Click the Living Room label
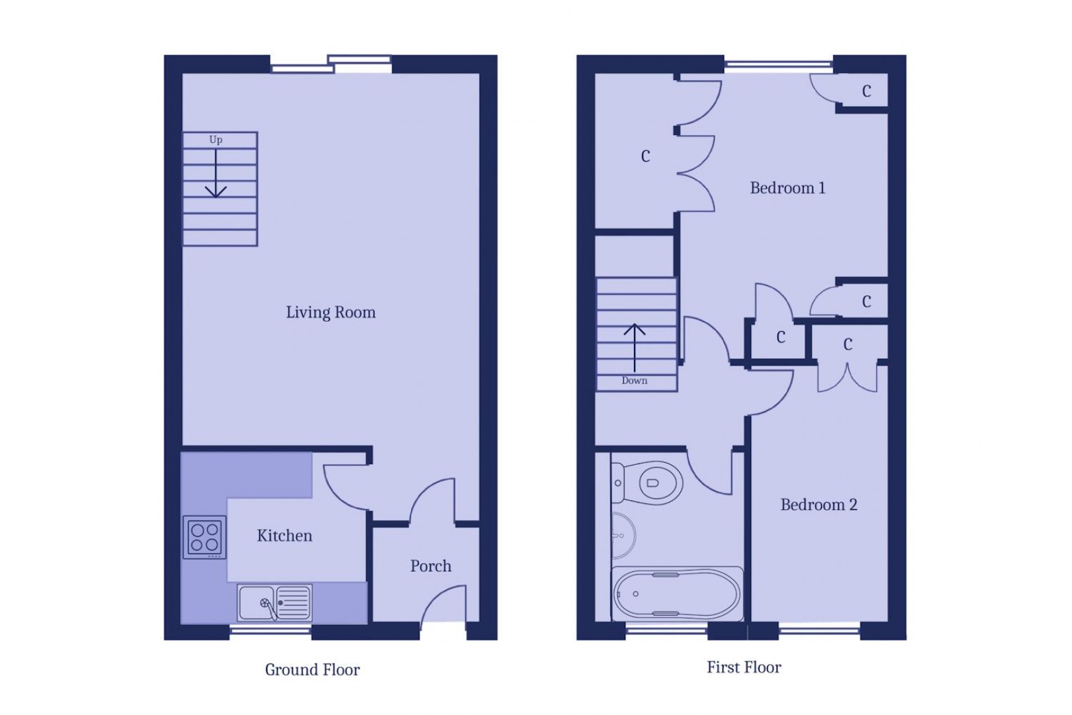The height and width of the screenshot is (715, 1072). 330,312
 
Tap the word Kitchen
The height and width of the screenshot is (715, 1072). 284,536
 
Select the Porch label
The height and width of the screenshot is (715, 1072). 430,566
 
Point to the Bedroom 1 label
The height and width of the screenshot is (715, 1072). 787,188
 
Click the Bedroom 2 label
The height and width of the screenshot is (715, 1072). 818,505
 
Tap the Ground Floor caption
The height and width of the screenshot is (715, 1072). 312,670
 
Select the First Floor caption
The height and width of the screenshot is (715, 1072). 743,667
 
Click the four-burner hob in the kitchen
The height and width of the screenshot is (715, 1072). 204,537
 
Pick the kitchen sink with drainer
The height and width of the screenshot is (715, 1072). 275,602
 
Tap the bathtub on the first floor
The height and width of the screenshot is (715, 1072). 676,594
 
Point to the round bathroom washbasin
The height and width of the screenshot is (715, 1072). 622,535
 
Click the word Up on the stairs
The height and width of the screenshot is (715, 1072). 216,140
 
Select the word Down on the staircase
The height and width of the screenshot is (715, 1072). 634,381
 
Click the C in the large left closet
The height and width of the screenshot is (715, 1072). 645,156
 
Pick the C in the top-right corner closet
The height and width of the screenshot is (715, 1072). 866,91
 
